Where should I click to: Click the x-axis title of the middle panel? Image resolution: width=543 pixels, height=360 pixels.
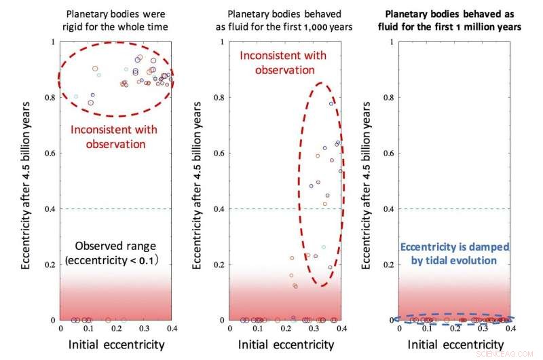coord(286,344)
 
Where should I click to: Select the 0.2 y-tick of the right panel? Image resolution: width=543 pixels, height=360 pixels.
coord(389,264)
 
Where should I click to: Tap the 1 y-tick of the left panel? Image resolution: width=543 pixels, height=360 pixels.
coord(54,42)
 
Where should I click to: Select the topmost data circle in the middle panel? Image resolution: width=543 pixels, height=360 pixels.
coord(331,103)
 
